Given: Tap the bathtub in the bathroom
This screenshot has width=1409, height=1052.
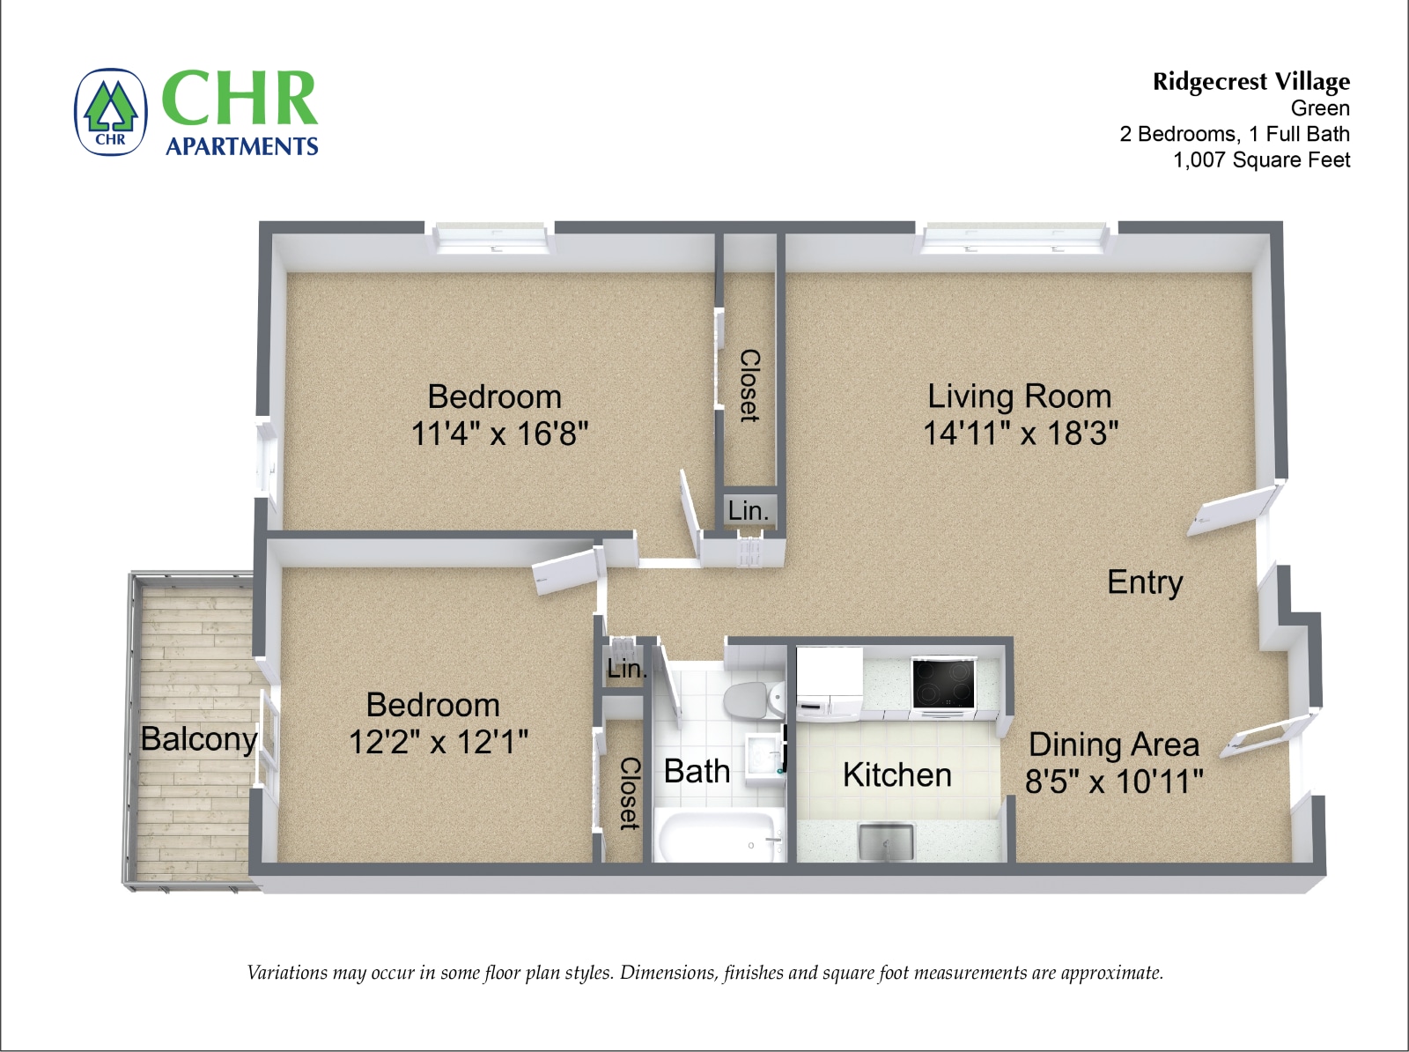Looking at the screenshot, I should click(719, 838).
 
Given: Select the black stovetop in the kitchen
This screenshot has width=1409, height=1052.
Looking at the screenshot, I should click(943, 683).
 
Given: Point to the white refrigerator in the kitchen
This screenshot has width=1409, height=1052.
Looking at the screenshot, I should click(830, 679).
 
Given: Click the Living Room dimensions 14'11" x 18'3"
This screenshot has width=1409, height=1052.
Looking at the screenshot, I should click(1020, 433).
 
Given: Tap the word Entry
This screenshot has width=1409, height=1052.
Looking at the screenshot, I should click(1144, 582).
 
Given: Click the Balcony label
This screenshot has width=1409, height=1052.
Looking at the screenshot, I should click(199, 738).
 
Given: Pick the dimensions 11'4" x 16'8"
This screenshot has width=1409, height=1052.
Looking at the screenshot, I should click(499, 433).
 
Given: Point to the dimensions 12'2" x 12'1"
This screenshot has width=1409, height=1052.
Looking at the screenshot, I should click(438, 742).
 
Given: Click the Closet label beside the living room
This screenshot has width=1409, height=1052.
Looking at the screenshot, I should click(749, 386).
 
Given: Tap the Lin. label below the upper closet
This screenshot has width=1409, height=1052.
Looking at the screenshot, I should click(748, 510).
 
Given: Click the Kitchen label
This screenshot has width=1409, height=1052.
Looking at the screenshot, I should click(896, 775).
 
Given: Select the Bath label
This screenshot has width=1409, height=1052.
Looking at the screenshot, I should click(696, 771).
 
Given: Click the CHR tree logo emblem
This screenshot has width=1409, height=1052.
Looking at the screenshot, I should click(110, 113).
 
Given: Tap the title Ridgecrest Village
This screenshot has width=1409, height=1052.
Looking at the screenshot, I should click(1250, 82).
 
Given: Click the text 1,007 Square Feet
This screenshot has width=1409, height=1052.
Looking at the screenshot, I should click(1261, 159).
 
